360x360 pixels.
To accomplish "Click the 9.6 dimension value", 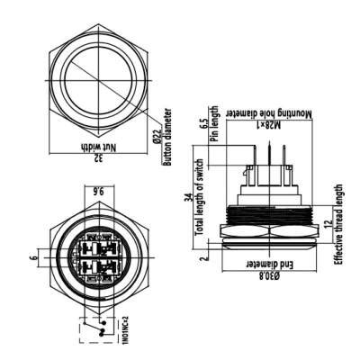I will click(x=99, y=191).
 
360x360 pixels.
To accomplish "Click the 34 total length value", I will click(x=187, y=200).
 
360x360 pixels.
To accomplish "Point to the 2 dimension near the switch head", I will click(x=205, y=256).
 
